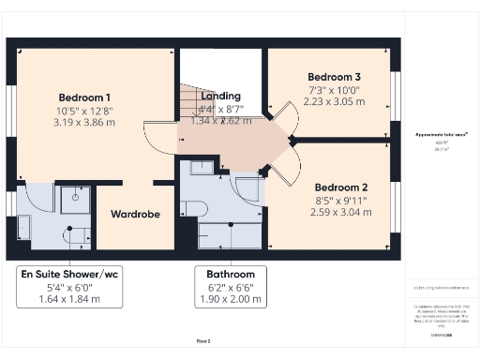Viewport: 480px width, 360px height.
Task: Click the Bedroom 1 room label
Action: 84,97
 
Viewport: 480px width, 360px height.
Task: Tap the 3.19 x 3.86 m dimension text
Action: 84,122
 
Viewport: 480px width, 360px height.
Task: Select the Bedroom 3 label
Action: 335,76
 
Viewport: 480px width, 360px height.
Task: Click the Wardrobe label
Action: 135,215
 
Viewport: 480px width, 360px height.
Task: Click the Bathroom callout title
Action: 224,275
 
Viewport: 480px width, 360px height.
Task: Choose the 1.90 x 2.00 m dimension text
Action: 224,299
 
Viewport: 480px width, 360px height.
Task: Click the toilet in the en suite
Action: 74,234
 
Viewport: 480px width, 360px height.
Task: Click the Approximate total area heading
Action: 442,136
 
